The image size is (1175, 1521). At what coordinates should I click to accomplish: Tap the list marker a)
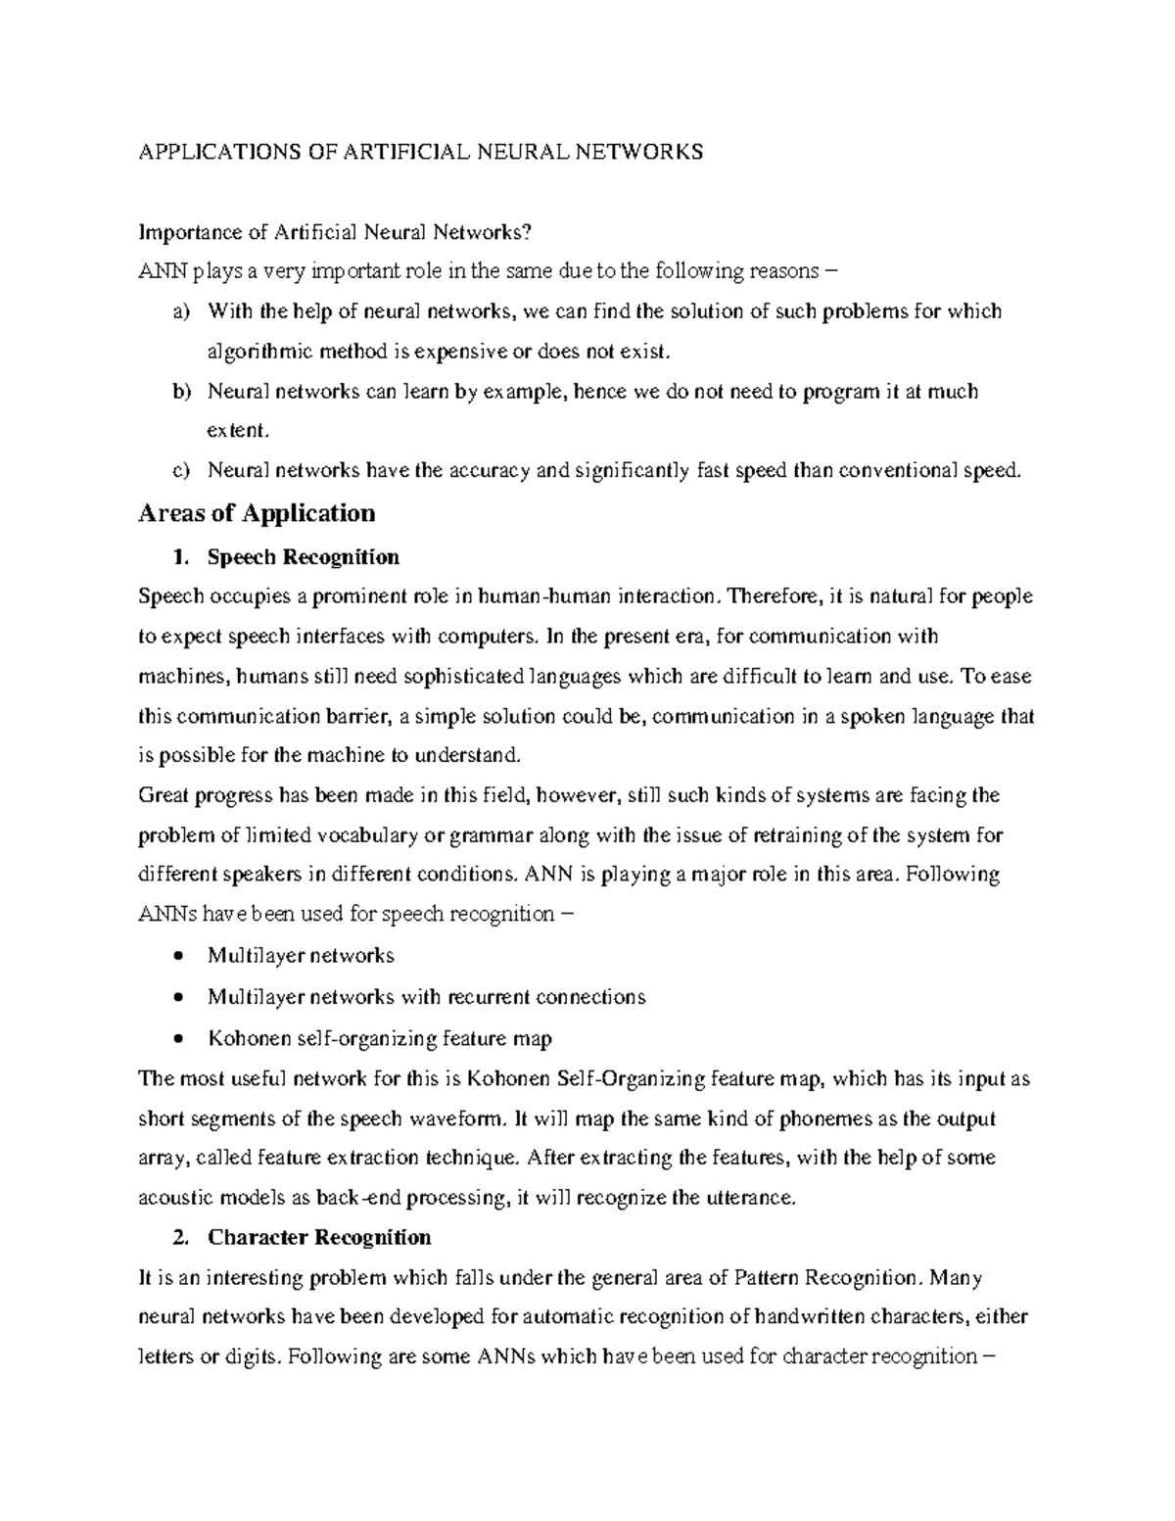click(x=180, y=312)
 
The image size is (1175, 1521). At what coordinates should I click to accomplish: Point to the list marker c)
click(x=180, y=471)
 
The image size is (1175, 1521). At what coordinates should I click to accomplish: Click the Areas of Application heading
click(x=258, y=513)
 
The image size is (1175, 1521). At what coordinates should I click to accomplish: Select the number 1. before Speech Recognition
click(x=178, y=557)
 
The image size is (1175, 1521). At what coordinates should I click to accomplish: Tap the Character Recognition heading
click(x=319, y=1237)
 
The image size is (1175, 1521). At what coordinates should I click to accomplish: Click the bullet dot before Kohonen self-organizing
click(x=176, y=1038)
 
